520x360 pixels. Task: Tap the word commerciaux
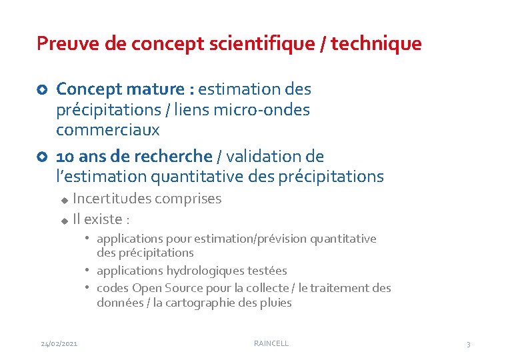point(108,129)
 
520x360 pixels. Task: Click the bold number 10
point(65,157)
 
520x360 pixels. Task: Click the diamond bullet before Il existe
point(64,220)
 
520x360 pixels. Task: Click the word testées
point(266,271)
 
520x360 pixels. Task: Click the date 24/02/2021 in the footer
point(59,343)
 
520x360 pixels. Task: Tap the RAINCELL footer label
point(271,343)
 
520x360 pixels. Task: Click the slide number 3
point(468,344)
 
